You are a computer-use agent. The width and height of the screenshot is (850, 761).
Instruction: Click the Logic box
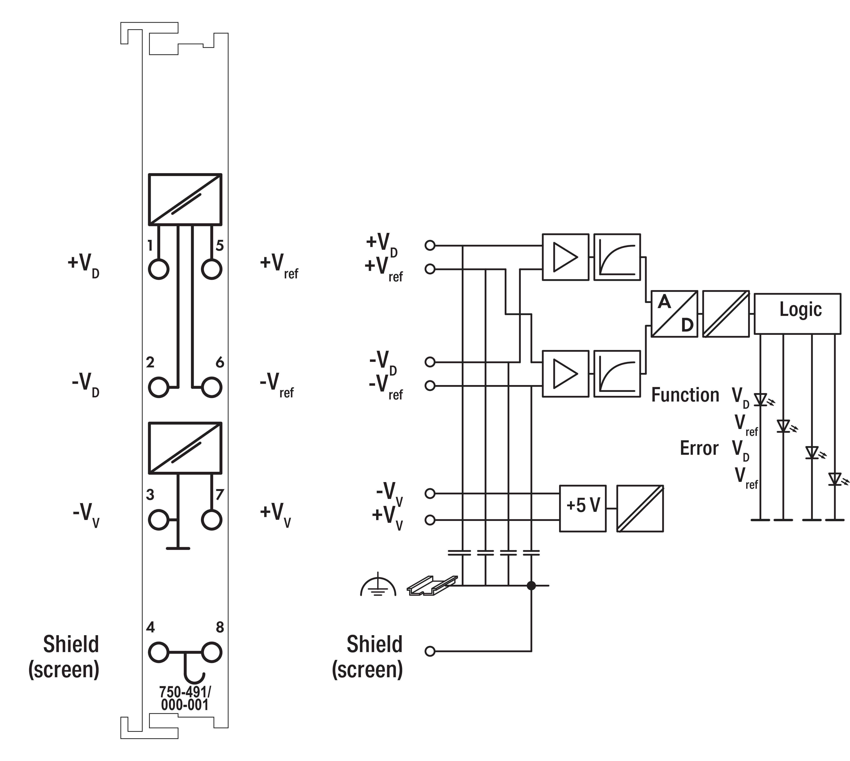coord(797,314)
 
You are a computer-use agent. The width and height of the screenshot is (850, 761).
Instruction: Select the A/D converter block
coord(674,314)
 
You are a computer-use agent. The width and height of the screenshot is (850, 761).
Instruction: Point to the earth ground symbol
coord(378,584)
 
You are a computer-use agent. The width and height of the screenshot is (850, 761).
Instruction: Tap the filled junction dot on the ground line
coord(531,585)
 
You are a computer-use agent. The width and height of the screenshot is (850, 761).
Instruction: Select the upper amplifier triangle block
coord(565,257)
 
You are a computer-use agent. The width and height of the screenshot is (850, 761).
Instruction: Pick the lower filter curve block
coord(617,373)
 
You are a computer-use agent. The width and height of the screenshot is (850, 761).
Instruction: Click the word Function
coord(685,395)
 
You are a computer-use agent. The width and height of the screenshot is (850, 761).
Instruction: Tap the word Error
coord(699,448)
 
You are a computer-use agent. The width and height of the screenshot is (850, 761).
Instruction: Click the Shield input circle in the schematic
coord(430,651)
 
